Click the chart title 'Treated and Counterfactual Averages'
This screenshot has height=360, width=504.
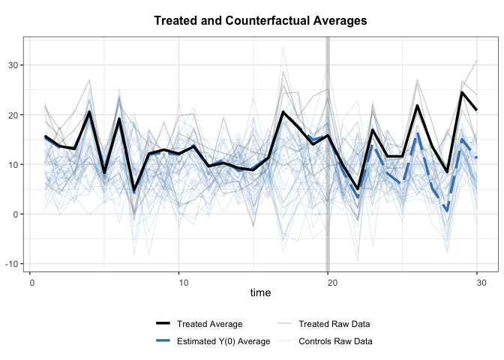coord(260,21)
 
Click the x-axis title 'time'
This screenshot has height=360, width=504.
coord(260,292)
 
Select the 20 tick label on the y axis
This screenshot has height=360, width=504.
coord(16,115)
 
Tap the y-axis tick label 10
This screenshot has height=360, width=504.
coord(16,164)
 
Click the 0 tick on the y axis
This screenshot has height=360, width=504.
coord(18,214)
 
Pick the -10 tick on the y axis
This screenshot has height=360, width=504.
coord(14,264)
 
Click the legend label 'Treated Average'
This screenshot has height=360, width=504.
coord(209,325)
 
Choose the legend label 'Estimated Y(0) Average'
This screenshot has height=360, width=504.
coord(223,342)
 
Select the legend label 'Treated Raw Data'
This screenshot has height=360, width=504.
coord(334,325)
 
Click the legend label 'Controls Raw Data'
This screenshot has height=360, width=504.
coord(336,342)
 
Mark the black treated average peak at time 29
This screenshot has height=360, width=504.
coord(462,92)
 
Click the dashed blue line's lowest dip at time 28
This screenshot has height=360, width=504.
coord(447,211)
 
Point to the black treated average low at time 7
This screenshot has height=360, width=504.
coord(134,190)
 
